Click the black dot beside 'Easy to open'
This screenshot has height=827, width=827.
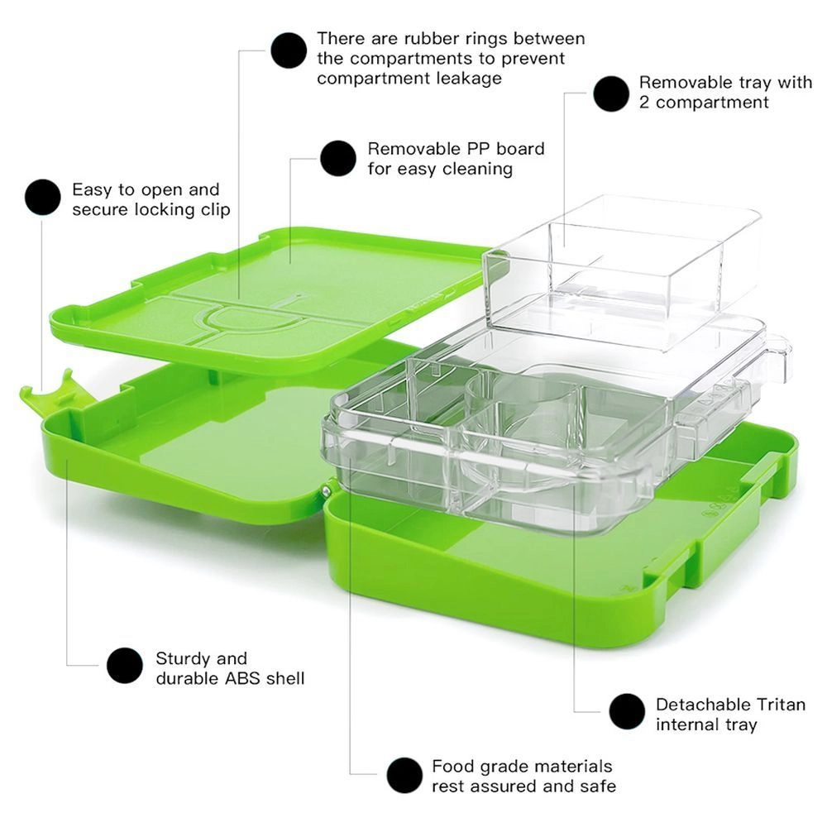pos(43,198)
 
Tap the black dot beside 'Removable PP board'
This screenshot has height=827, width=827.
pos(338,158)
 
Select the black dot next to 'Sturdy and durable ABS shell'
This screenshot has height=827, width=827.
pos(125,666)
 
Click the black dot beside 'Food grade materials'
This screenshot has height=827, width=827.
pos(404,776)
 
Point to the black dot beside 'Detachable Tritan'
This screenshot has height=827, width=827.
pos(627,711)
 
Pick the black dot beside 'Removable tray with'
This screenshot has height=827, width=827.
pos(611,93)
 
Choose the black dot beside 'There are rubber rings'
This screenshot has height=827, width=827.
pos(289,50)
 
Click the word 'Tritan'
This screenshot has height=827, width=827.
pos(782,705)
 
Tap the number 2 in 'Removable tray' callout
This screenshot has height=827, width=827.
pos(644,103)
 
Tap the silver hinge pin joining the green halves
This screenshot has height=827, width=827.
pos(325,490)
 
